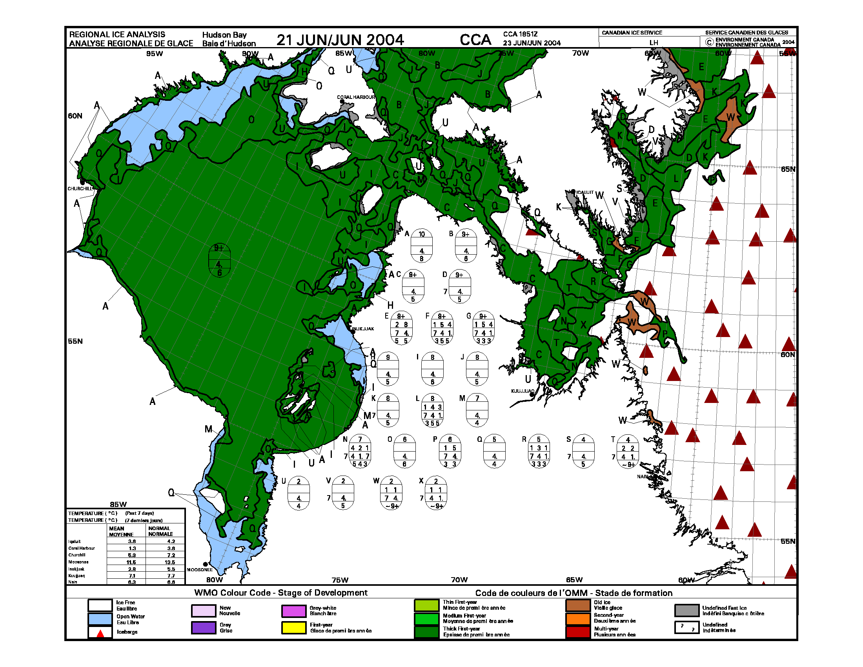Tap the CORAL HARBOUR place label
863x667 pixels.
click(356, 97)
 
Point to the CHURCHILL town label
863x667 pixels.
click(79, 188)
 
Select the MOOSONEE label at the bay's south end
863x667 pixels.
click(200, 569)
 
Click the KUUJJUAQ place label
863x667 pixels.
click(523, 391)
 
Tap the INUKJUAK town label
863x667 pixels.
click(363, 329)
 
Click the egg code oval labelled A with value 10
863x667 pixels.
click(422, 246)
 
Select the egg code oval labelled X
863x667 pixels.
click(436, 493)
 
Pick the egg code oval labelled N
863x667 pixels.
click(360, 451)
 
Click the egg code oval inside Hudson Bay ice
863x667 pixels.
click(219, 260)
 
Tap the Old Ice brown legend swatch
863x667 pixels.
click(577, 605)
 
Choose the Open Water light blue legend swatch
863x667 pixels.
click(100, 619)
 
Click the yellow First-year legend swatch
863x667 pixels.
click(293, 627)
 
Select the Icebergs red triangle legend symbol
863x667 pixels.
click(100, 632)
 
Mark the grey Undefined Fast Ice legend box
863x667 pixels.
click(686, 611)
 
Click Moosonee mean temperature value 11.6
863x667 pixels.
click(131, 562)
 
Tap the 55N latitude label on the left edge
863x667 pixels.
click(75, 341)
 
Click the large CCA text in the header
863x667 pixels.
click(475, 40)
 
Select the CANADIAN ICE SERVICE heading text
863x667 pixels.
click(632, 33)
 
